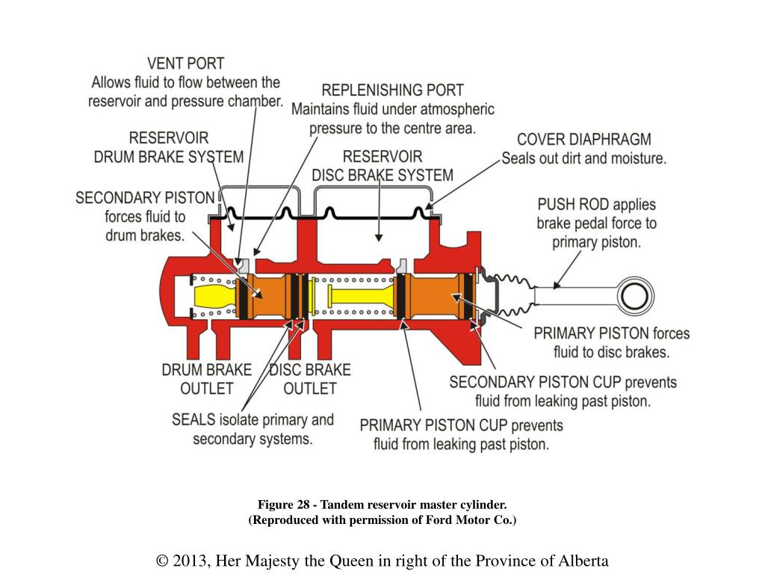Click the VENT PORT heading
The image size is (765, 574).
[185, 64]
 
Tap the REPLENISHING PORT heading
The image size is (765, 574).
[392, 90]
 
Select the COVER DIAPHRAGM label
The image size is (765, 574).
[583, 140]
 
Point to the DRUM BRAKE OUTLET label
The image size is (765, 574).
[207, 379]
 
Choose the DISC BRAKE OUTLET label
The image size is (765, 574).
[309, 379]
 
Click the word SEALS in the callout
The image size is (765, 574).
[193, 419]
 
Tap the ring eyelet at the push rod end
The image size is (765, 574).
[635, 295]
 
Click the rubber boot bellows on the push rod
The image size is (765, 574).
[508, 295]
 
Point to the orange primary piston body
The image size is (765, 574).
[437, 296]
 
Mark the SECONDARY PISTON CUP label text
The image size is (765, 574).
[535, 383]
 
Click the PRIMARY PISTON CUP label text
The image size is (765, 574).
[433, 425]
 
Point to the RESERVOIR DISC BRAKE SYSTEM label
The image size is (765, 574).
[382, 166]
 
